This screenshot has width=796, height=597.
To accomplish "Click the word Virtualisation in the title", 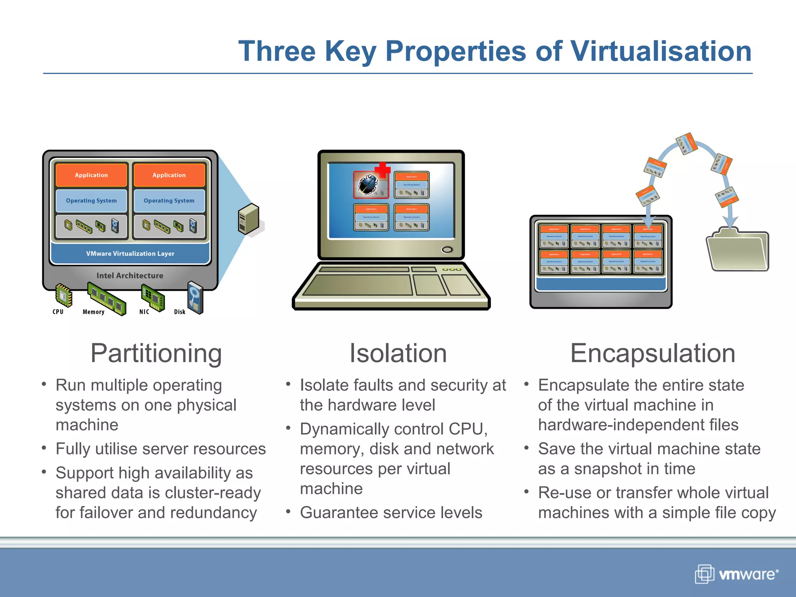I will pos(661,51).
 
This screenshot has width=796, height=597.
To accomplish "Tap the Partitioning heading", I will pos(156,354).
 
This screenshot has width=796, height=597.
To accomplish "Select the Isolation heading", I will pos(398,354).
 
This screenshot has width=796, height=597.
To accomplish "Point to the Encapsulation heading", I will pos(653,354).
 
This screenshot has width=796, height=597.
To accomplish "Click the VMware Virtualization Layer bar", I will pos(130,253).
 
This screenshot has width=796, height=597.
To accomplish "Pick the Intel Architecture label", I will pos(130,276).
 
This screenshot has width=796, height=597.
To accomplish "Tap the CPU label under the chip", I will pos(58,312).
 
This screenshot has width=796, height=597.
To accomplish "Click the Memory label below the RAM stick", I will pos(93,312).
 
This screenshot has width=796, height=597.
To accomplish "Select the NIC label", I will pos(144,312).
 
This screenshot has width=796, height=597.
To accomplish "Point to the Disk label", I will pos(180,312).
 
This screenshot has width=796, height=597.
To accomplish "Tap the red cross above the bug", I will pos(382,170).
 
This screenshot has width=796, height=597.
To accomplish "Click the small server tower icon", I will pos(249,219).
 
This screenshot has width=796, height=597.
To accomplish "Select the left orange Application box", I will pos(91,175).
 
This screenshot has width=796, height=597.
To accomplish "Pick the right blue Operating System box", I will pos(169,201).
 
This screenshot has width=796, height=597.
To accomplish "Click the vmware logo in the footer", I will pos(737,574).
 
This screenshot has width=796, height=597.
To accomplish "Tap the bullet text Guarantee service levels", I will pos(391,513).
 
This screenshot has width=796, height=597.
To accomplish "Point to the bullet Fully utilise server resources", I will pos(161,449).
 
